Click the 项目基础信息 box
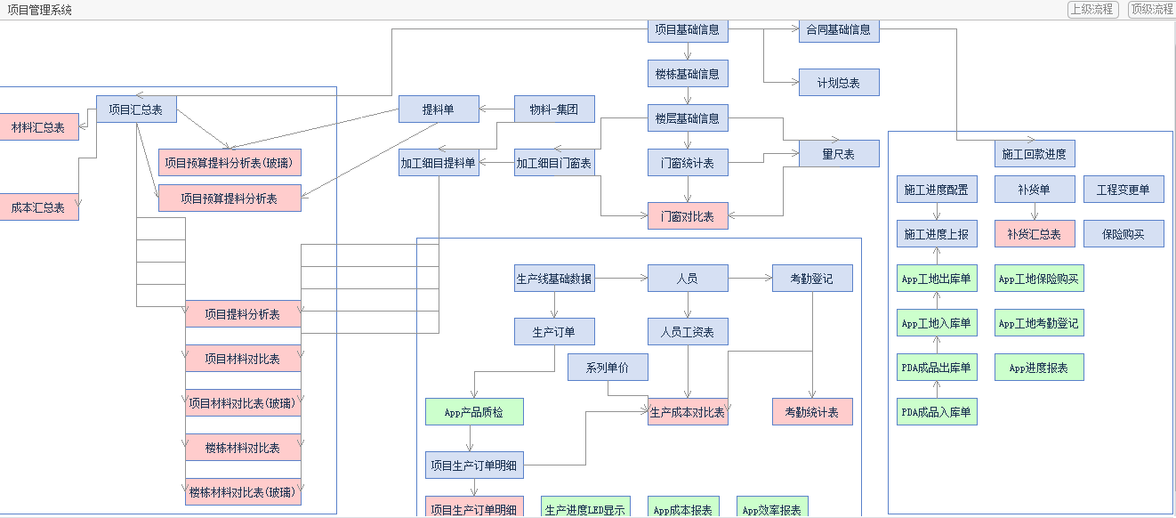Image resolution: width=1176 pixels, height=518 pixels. [x=688, y=29]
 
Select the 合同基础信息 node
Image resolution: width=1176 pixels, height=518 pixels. [x=839, y=29]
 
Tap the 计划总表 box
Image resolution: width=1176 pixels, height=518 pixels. [x=839, y=83]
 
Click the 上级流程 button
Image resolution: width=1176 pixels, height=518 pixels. [x=1091, y=10]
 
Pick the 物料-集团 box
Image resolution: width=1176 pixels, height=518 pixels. [x=554, y=109]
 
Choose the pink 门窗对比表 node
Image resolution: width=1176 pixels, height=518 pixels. [x=688, y=216]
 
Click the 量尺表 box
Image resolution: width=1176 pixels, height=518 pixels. [x=839, y=154]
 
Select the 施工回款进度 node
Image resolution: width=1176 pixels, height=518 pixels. [x=1035, y=154]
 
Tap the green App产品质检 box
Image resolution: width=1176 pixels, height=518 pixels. [x=474, y=412]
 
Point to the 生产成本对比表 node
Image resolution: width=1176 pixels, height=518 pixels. [x=688, y=412]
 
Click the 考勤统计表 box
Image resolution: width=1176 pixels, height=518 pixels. [x=812, y=412]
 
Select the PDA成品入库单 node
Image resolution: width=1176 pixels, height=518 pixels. [x=937, y=412]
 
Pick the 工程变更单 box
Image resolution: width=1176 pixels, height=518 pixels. [x=1124, y=190]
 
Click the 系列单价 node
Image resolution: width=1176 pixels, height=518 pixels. [x=608, y=368]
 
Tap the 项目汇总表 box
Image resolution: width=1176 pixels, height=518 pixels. [x=136, y=109]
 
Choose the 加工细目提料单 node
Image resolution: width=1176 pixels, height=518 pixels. [x=439, y=163]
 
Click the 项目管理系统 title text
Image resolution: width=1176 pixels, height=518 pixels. [x=40, y=10]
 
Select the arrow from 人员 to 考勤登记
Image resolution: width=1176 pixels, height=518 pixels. [x=750, y=279]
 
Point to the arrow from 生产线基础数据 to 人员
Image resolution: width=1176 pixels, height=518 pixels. [x=621, y=279]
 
